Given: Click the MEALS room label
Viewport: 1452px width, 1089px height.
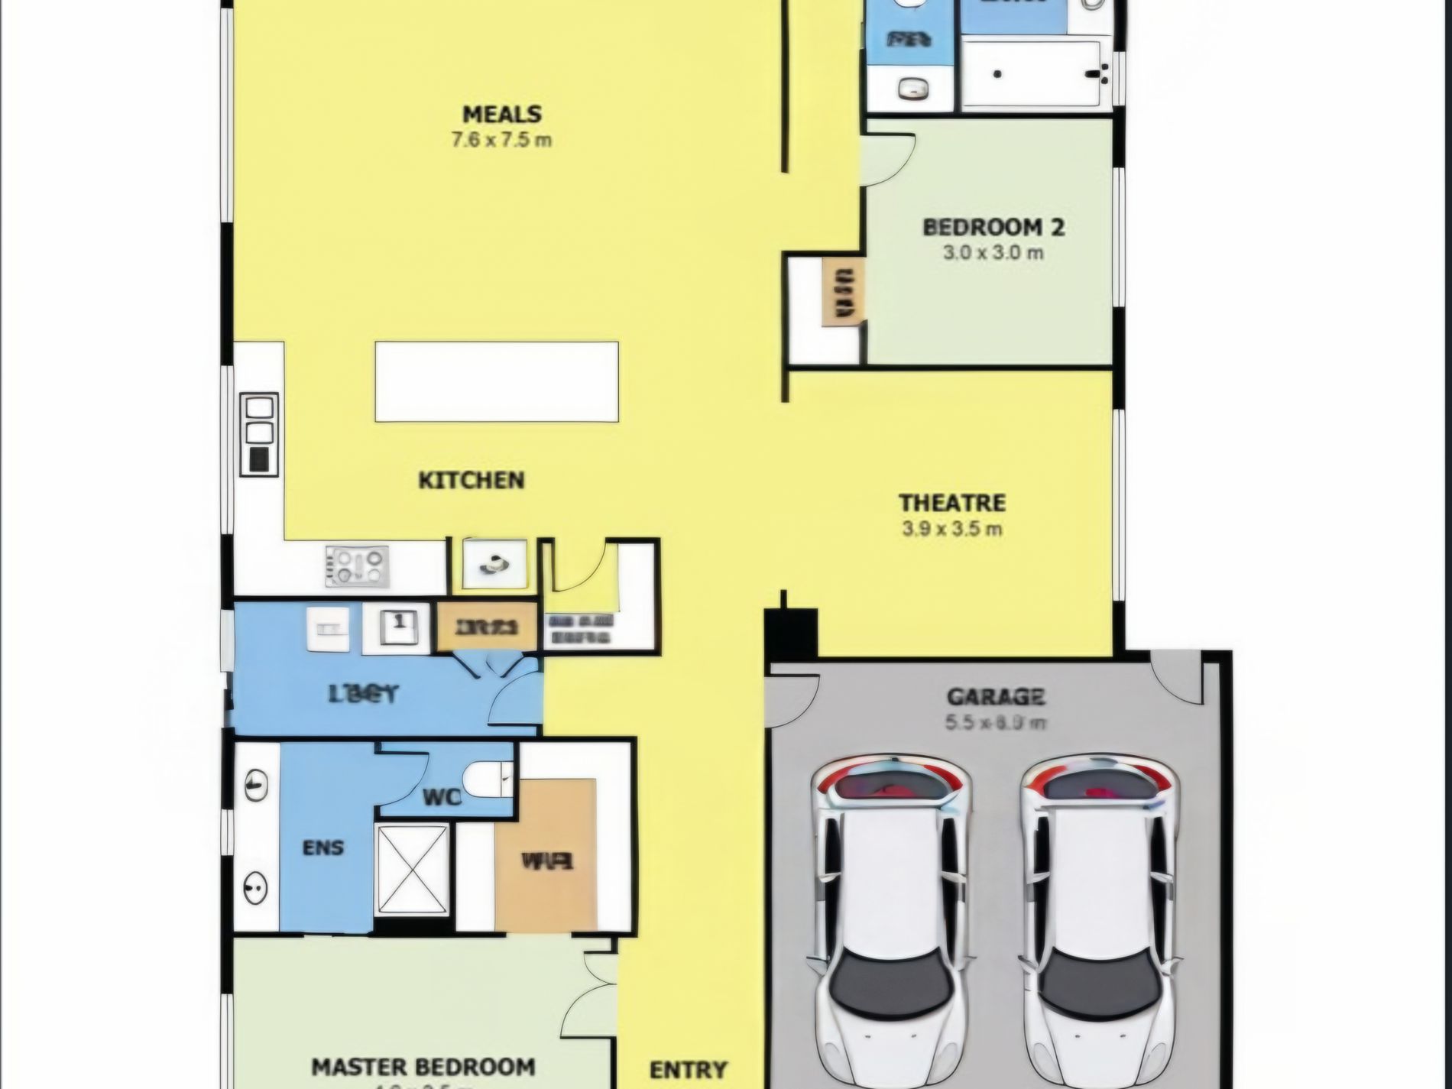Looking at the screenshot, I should [x=502, y=115].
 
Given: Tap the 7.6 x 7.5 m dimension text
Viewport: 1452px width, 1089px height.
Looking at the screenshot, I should [x=502, y=141].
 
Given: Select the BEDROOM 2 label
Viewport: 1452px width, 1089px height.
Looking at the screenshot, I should [x=993, y=227].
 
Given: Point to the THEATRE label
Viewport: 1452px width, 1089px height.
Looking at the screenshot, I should [x=951, y=503].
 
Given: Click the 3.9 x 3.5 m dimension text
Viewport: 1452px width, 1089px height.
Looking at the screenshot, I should [x=951, y=529].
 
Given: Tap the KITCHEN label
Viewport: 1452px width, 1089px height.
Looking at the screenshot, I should [x=472, y=480].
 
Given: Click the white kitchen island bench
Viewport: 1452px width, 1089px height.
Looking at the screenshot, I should [x=497, y=381].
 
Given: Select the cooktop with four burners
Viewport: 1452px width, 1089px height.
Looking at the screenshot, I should [x=357, y=566].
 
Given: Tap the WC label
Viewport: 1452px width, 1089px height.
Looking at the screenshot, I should [x=442, y=798].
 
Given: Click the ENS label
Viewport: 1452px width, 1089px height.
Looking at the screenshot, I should [x=323, y=848].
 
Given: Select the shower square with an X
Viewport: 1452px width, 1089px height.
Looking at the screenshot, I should [x=413, y=869].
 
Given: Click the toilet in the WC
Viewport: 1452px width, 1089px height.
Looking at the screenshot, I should [x=486, y=779].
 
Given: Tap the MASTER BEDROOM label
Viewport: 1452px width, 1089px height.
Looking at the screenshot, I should [x=423, y=1067].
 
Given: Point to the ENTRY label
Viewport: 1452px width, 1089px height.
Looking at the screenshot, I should [x=688, y=1070].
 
